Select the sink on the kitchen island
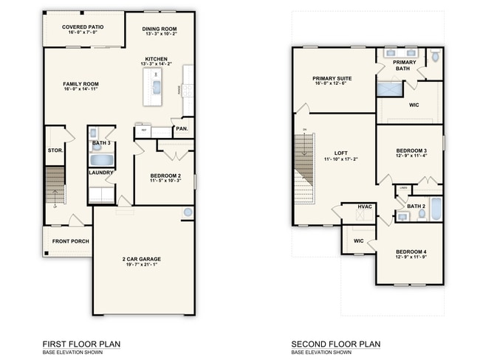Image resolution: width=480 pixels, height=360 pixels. click(156, 88)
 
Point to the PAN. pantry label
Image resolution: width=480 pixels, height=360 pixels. click(182, 129)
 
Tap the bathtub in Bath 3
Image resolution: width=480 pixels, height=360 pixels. click(100, 159)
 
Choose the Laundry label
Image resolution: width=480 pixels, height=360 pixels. click(100, 173)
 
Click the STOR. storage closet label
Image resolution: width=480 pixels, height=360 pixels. click(54, 150)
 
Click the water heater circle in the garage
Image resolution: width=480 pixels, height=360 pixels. click(188, 212)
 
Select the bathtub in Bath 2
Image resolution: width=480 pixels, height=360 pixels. click(436, 209)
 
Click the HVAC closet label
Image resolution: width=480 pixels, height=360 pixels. click(365, 207)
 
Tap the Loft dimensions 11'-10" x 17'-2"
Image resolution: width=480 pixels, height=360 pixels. click(340, 159)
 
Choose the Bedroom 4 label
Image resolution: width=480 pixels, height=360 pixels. click(410, 252)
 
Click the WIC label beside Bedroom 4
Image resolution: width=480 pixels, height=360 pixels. click(359, 240)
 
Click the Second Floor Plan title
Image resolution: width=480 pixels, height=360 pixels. click(335, 344)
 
